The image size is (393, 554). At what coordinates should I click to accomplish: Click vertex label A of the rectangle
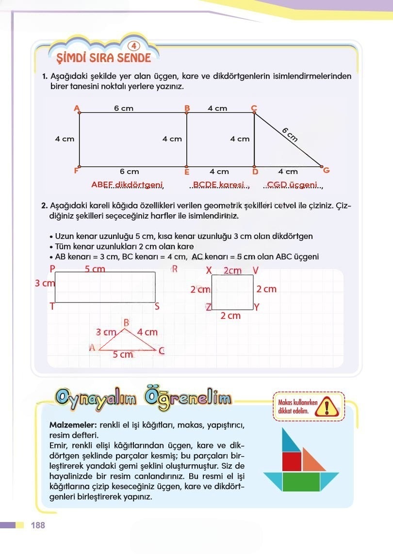tap(76, 108)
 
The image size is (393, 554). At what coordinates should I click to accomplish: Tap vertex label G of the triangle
tap(326, 170)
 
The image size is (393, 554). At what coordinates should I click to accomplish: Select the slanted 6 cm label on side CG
tap(289, 134)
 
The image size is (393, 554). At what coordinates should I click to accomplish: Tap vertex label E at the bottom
tap(186, 172)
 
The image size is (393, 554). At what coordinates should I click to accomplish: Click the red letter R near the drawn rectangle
tap(175, 269)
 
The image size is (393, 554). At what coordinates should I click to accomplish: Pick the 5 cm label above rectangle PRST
tap(95, 269)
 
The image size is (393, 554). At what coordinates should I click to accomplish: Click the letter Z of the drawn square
tap(208, 307)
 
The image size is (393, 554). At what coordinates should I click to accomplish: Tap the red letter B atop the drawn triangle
tap(126, 322)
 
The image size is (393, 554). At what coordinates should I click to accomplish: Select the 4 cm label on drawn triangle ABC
tap(147, 332)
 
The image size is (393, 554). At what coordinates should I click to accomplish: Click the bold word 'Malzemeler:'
tap(71, 425)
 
